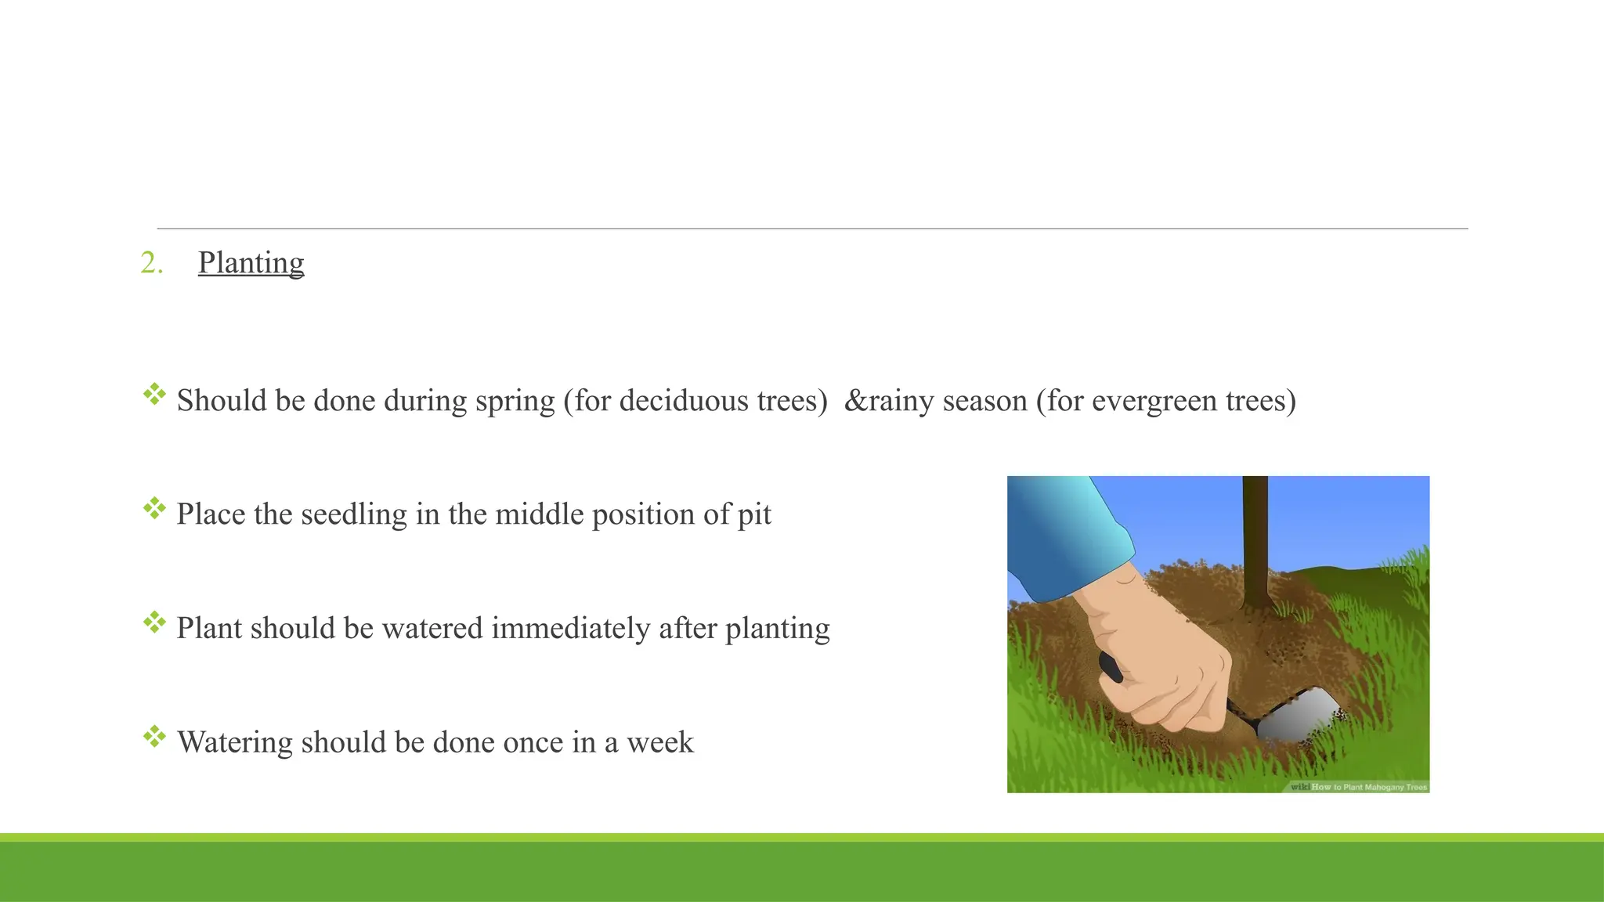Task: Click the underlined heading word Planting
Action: [251, 263]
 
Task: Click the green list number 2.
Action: [151, 263]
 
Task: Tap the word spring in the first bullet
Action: [515, 401]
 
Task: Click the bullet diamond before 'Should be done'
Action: [154, 394]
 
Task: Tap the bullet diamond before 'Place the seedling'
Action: [154, 508]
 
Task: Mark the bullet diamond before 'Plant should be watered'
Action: [154, 622]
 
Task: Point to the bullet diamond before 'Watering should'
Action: [154, 736]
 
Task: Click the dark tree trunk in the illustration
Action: [1255, 540]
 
